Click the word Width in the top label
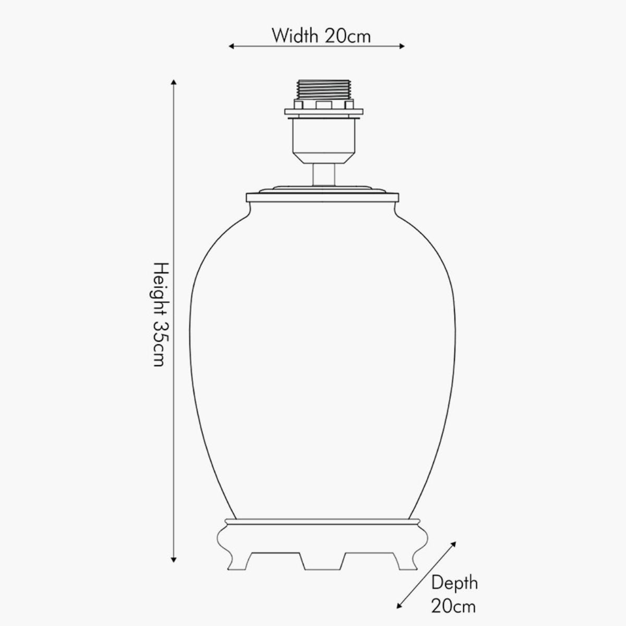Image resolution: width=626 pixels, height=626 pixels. tap(295, 36)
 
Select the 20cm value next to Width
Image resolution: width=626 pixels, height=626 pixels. tap(347, 36)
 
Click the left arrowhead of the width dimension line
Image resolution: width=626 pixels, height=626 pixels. tap(231, 46)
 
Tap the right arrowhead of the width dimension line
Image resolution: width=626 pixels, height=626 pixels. tap(402, 46)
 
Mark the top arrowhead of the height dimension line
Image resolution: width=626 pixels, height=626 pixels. tap(174, 82)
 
